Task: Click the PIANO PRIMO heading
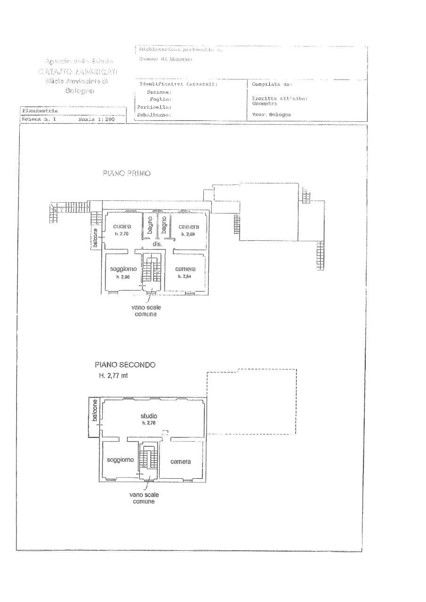click(x=127, y=174)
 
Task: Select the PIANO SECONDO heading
click(x=125, y=364)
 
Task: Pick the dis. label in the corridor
click(x=157, y=245)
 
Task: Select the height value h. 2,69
click(x=188, y=234)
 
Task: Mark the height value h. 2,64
click(x=185, y=277)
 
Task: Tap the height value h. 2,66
click(x=123, y=277)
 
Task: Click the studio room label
click(x=149, y=416)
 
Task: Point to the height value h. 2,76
click(x=149, y=423)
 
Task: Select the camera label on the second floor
click(x=180, y=462)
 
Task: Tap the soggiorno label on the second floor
click(x=121, y=459)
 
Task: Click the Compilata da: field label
click(x=272, y=85)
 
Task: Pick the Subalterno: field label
click(x=154, y=114)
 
